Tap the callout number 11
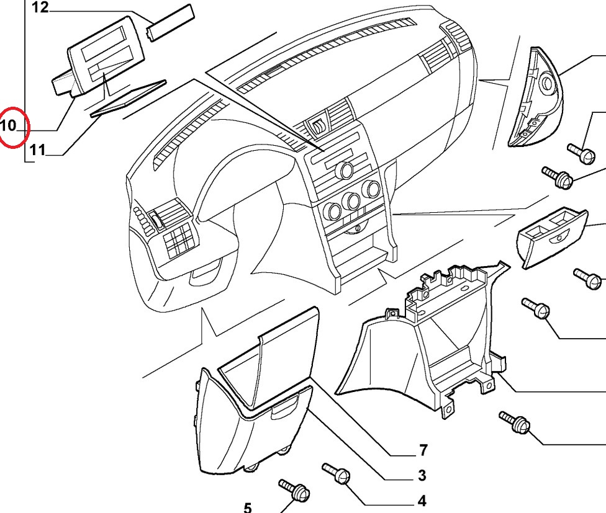37,149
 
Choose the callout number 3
422,476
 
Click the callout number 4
422,500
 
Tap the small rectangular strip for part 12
170,22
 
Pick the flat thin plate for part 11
129,97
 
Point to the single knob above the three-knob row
343,170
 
